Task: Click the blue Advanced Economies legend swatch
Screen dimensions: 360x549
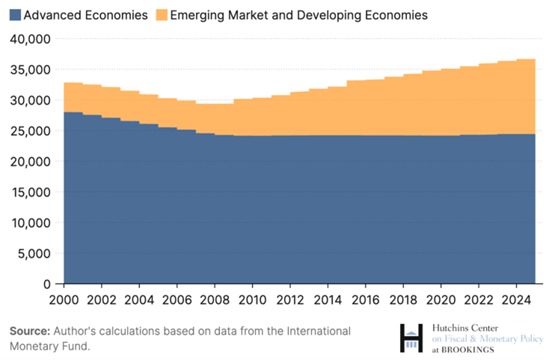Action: click(x=15, y=15)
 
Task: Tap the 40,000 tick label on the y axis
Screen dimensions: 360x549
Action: click(x=31, y=39)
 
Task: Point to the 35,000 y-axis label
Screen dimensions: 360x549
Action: click(x=31, y=70)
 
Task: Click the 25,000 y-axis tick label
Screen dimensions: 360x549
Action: click(x=31, y=131)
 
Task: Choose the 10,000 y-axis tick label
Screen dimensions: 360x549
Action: click(x=31, y=223)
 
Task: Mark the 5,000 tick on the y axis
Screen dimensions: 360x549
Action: click(x=34, y=254)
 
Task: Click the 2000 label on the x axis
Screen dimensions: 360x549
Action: click(x=64, y=299)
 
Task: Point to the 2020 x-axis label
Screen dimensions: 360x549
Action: click(x=441, y=299)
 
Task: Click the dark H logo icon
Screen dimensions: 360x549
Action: click(x=411, y=338)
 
